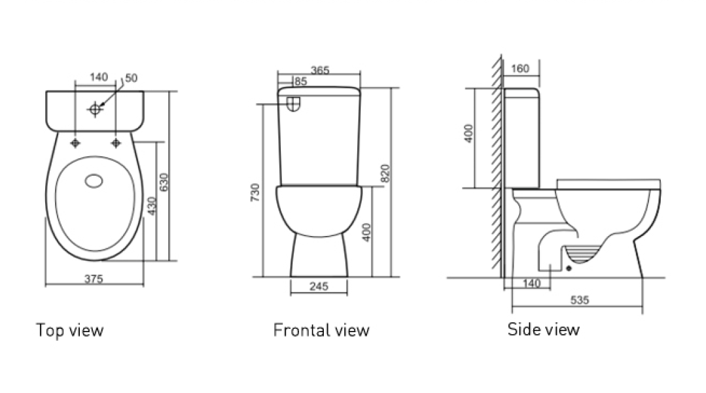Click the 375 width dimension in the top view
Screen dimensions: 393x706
click(94, 279)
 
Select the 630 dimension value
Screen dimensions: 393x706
click(164, 181)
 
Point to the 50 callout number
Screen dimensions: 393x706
click(131, 78)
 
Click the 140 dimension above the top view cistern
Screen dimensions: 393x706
click(98, 77)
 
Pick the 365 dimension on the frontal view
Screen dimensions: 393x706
click(320, 70)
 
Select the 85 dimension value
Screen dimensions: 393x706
click(301, 82)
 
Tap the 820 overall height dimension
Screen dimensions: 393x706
click(385, 173)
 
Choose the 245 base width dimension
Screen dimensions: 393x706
click(318, 286)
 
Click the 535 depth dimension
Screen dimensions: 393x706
click(580, 301)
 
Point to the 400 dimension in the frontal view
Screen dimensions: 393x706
click(367, 231)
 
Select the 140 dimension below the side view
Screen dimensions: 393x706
click(532, 283)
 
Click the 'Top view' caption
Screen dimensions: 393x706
click(69, 330)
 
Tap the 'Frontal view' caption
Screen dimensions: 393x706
click(321, 330)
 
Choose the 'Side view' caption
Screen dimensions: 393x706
click(543, 329)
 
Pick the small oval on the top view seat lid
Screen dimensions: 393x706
click(96, 180)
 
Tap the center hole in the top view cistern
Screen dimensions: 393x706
click(96, 109)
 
